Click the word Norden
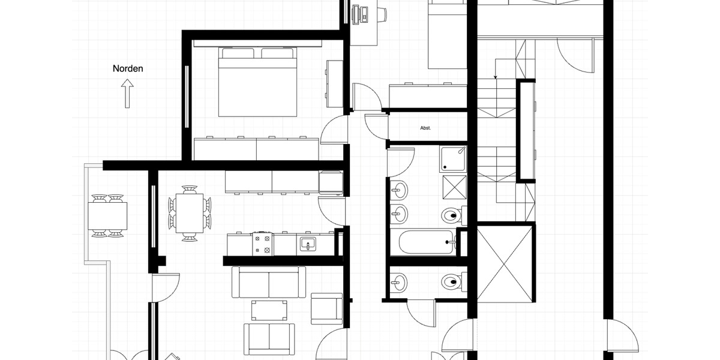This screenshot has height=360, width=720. coord(128,68)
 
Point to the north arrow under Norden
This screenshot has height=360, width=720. coord(127,95)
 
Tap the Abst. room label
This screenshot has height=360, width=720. coord(426,128)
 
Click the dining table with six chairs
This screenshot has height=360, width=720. coord(190,213)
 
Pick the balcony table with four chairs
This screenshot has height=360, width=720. coord(108,215)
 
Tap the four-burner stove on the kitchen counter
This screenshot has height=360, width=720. coord(262,243)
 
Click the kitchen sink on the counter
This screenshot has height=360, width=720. coord(308,244)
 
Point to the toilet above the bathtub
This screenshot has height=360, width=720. coord(451,214)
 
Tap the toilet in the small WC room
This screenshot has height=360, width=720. coord(451,281)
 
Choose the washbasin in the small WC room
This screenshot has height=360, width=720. coord(398,280)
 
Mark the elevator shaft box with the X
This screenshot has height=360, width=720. coord(505,263)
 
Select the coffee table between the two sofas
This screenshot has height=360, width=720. coord(269,310)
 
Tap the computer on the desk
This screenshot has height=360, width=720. coord(361,14)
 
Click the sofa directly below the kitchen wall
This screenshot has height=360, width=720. coord(269,282)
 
